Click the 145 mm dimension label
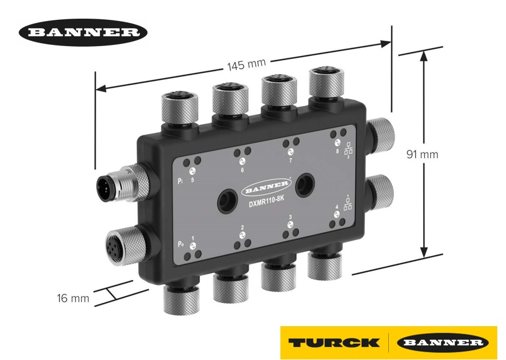click(x=245, y=65)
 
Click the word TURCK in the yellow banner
click(x=333, y=342)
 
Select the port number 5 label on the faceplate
click(x=192, y=180)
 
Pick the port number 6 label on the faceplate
click(x=242, y=170)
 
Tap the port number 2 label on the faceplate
click(x=242, y=228)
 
